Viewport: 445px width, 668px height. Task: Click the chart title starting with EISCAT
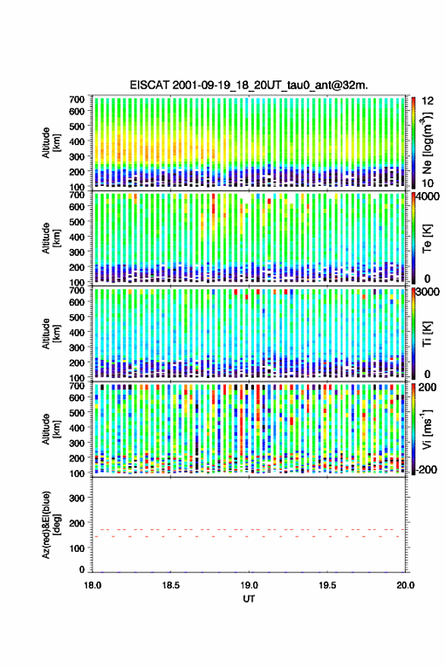pos(249,85)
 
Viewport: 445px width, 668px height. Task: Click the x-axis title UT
pos(249,599)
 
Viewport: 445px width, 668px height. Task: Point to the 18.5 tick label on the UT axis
pos(171,585)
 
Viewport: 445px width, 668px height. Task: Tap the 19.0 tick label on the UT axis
pos(249,585)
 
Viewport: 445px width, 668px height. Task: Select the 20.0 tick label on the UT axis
pos(405,585)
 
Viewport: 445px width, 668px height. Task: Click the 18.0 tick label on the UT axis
pos(92,585)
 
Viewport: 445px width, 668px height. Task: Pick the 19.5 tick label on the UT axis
pos(327,585)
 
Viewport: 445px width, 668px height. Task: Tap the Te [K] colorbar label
pos(427,238)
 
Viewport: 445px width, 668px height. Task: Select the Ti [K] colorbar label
pos(427,333)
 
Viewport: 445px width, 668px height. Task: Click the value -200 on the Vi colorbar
pos(425,469)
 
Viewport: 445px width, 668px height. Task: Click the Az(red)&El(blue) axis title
pos(50,525)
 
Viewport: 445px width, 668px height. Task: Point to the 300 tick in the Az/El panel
pos(77,498)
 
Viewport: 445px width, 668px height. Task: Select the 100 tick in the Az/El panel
pos(77,548)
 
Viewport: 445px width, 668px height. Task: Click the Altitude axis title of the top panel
pos(51,143)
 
